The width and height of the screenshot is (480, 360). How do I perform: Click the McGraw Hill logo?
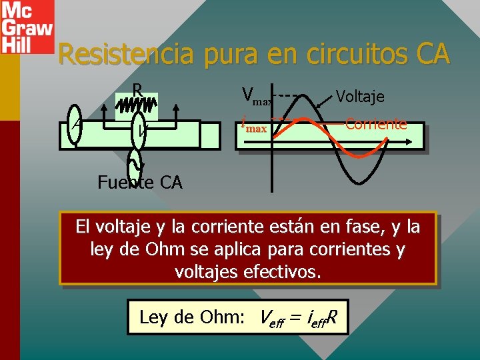pos(27,27)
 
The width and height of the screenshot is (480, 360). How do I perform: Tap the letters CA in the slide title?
pos(429,54)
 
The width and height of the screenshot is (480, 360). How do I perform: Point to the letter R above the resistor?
pos(137,89)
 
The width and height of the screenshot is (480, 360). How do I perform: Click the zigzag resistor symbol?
pos(137,105)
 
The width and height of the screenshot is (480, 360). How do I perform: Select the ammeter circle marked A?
pos(75,127)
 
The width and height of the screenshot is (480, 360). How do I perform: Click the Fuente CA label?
pos(139,182)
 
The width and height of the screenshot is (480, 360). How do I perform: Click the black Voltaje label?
pos(360,96)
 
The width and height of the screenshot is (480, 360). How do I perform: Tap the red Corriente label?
pos(376,124)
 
